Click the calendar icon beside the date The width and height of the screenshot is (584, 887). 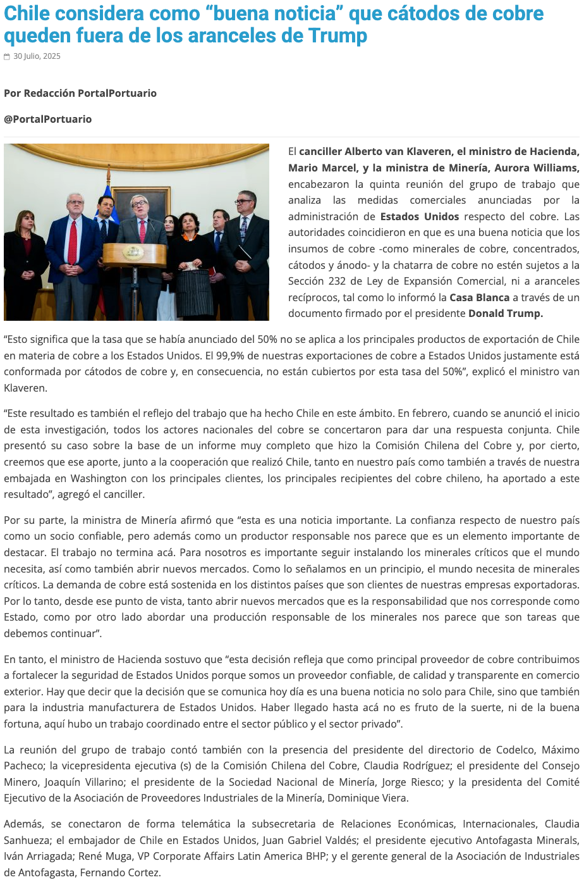(x=7, y=57)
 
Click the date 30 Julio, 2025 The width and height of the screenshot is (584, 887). (x=37, y=56)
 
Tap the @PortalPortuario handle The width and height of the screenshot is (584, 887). (x=48, y=119)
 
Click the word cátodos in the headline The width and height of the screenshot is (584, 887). (x=421, y=13)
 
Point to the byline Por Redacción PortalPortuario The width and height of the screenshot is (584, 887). (x=80, y=93)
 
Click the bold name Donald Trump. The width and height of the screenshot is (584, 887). (x=505, y=313)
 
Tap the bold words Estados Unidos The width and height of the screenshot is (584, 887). (x=420, y=216)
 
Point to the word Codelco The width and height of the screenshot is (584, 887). (x=516, y=750)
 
